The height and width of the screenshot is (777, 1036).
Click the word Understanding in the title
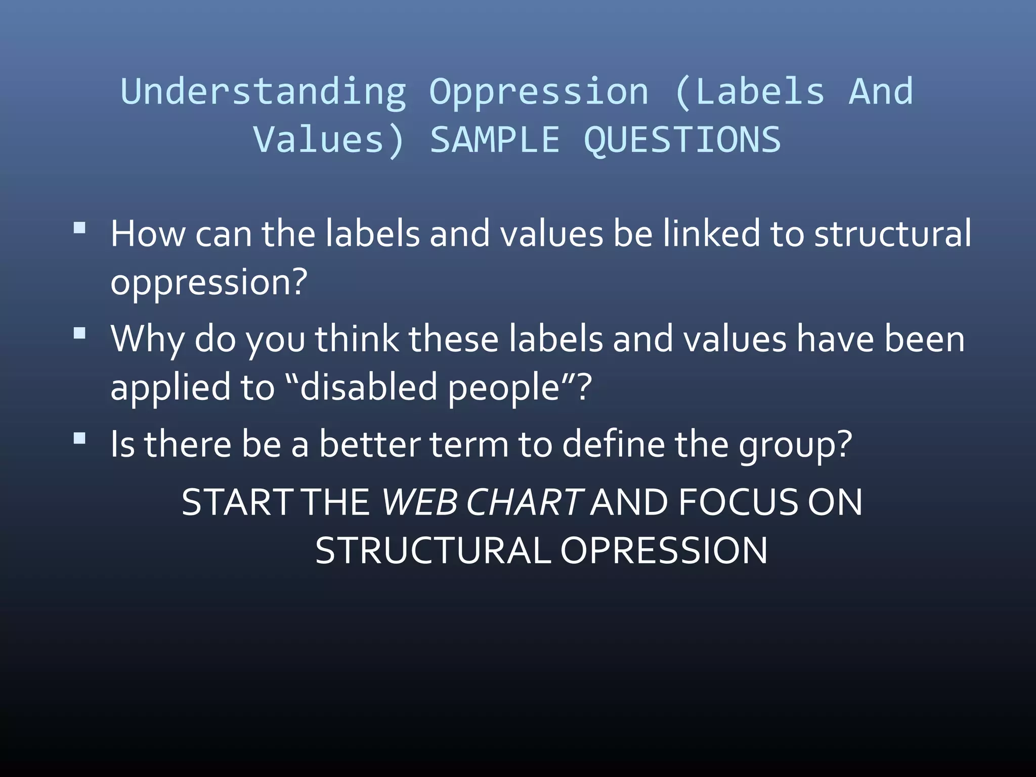[x=263, y=92]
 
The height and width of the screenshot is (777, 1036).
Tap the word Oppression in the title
[x=539, y=92]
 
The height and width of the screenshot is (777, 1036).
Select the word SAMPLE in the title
[x=495, y=140]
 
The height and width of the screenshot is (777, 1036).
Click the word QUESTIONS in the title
[x=682, y=140]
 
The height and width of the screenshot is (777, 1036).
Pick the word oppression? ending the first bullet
[x=209, y=282]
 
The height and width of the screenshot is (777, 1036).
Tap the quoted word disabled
[x=368, y=387]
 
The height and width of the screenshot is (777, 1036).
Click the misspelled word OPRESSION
[x=664, y=551]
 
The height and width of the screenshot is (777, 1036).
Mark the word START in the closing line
[x=237, y=502]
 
